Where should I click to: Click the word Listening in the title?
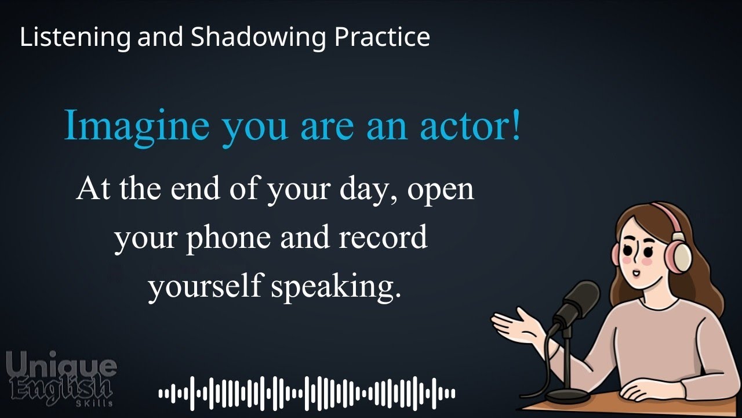(x=75, y=38)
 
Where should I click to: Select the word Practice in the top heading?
(x=382, y=38)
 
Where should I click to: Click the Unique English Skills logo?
(x=61, y=377)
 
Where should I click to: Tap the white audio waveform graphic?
(x=307, y=394)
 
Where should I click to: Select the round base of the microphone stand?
(x=568, y=396)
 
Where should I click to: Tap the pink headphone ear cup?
(x=679, y=255)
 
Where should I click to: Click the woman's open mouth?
(x=636, y=273)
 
